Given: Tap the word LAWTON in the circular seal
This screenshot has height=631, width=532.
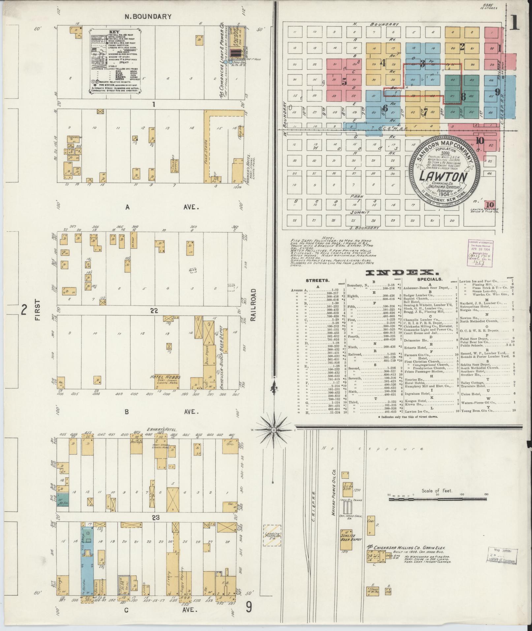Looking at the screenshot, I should [x=444, y=177].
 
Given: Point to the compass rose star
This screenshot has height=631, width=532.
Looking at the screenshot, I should [x=273, y=430].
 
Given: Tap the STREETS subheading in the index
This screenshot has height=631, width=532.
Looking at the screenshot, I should [x=318, y=280].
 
